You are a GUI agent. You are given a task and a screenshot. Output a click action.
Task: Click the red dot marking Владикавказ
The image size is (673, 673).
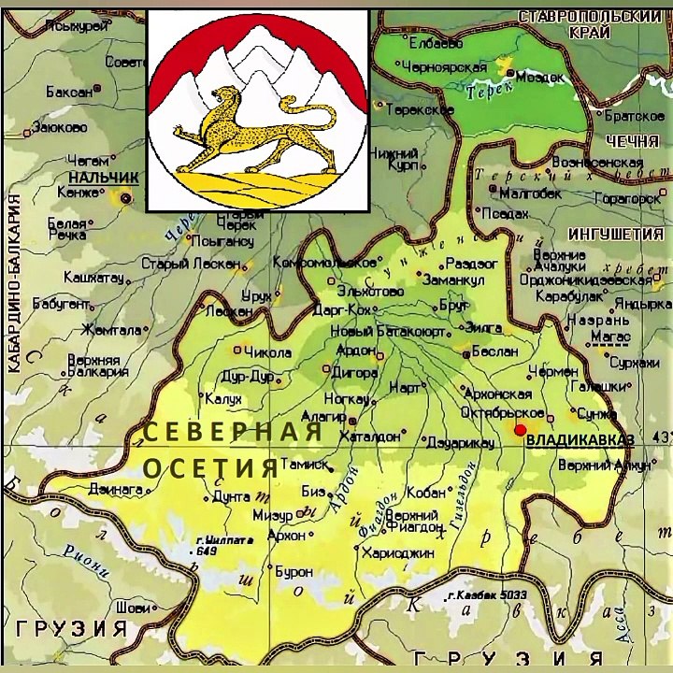pyautogui.click(x=520, y=428)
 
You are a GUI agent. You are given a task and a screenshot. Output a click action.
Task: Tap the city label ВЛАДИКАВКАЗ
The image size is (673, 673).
pyautogui.click(x=580, y=439)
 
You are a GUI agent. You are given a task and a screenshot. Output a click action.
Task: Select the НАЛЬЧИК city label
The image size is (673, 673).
pyautogui.click(x=103, y=177)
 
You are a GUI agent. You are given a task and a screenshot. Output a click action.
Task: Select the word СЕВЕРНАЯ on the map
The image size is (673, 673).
pyautogui.click(x=233, y=433)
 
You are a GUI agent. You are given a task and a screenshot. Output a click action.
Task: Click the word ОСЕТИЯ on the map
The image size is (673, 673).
pyautogui.click(x=210, y=465)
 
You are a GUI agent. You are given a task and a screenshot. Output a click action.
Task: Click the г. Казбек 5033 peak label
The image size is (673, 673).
pyautogui.click(x=486, y=595)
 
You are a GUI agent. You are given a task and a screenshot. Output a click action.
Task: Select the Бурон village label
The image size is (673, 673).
pyautogui.click(x=292, y=569)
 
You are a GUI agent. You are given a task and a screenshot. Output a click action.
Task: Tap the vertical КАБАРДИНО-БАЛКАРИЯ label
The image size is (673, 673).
pyautogui.click(x=15, y=280)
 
